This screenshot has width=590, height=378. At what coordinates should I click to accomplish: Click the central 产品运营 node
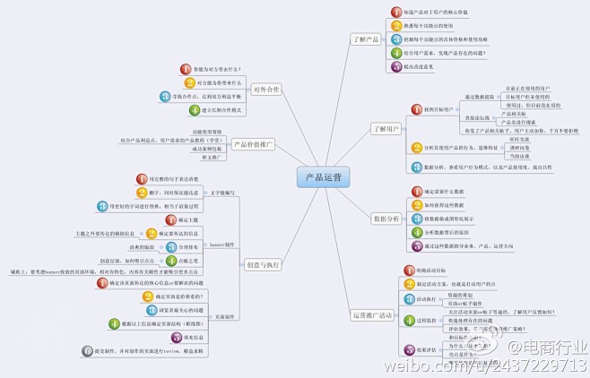[322, 178]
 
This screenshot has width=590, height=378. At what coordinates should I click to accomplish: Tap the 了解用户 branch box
[386, 128]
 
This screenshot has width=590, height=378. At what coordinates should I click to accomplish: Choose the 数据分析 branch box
[386, 218]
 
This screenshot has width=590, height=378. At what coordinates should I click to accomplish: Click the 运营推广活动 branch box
[372, 314]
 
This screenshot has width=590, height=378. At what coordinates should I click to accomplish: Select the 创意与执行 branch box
[262, 263]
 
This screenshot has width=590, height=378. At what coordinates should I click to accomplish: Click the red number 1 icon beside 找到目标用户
[417, 109]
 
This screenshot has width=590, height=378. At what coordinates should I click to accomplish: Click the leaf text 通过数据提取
[481, 97]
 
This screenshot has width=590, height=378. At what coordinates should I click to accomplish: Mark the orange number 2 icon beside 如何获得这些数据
[417, 204]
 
